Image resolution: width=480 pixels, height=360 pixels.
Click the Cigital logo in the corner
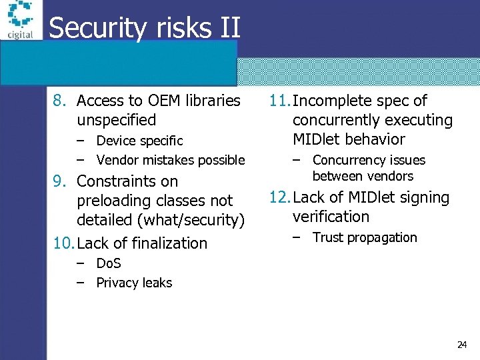(x=19, y=21)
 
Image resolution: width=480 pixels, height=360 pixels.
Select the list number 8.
(x=59, y=101)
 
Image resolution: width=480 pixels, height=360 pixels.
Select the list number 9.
(x=59, y=181)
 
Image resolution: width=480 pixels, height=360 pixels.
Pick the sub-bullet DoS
(x=108, y=263)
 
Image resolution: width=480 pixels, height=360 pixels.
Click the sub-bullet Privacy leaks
(x=134, y=283)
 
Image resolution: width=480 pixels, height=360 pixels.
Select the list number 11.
(x=279, y=101)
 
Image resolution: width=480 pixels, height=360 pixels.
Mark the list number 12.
(x=279, y=197)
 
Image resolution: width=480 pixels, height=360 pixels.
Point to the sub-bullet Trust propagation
(x=364, y=237)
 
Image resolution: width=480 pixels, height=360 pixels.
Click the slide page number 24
(x=462, y=345)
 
